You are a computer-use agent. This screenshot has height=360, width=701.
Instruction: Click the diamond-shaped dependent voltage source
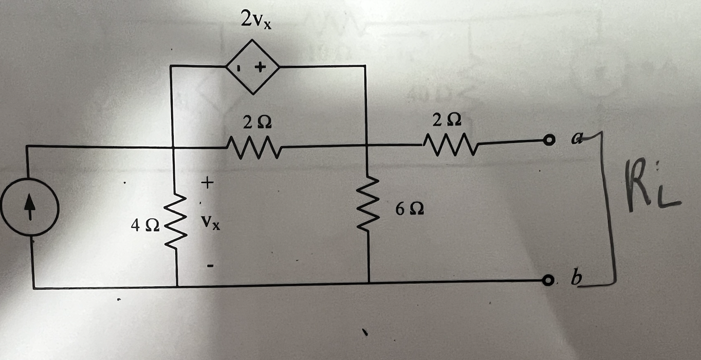point(253,67)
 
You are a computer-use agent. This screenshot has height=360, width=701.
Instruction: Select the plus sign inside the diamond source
point(261,67)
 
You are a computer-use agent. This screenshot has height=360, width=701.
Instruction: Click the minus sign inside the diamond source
point(239,67)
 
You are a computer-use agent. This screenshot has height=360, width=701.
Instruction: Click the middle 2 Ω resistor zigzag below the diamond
point(252,147)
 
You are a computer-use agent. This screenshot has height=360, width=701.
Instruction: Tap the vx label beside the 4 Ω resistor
point(211,223)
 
